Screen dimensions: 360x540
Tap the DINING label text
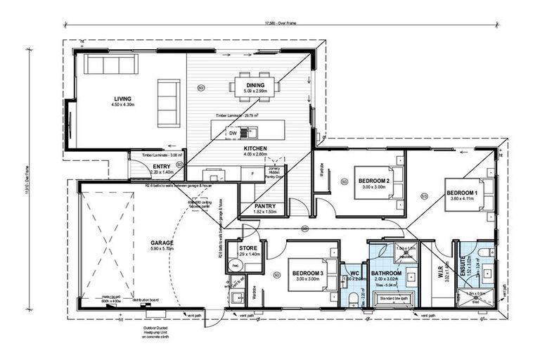coord(255,84)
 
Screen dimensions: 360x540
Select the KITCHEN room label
coord(255,149)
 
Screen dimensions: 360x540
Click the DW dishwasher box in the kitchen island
coord(233,132)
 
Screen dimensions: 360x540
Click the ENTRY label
coord(162,167)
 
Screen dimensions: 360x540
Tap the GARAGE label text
coord(161,243)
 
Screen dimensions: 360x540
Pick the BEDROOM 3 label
coord(308,272)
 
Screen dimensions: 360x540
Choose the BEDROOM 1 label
coord(461,192)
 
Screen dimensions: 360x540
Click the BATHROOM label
coord(386,273)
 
